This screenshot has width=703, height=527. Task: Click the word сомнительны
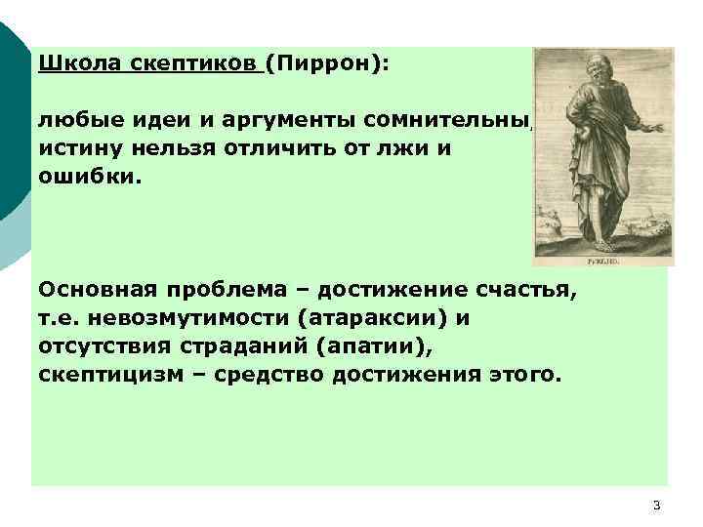click(449, 121)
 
